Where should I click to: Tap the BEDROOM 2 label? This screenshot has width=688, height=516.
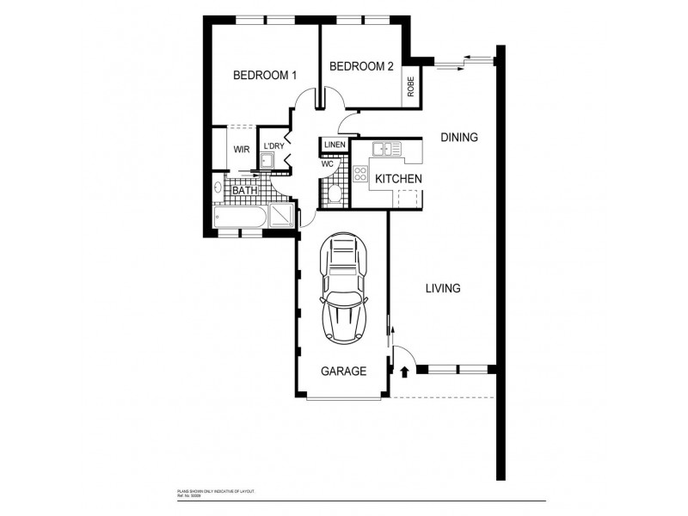(x=361, y=66)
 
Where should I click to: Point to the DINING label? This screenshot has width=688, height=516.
(x=458, y=137)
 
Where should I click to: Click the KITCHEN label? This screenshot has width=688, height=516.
(x=396, y=179)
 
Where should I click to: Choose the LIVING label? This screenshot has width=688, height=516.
(x=442, y=288)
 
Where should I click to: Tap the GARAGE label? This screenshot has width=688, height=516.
(x=343, y=372)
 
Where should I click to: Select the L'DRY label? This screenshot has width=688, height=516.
(x=273, y=146)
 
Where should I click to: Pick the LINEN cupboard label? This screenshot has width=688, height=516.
(x=335, y=144)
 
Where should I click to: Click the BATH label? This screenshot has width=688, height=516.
(x=244, y=191)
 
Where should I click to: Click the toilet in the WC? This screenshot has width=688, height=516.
(x=334, y=191)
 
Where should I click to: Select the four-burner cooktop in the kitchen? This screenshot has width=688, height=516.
(x=360, y=177)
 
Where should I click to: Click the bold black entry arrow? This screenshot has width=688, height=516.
(x=403, y=372)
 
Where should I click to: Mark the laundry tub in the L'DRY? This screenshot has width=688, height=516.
(x=269, y=161)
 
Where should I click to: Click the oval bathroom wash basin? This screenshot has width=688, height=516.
(x=218, y=187)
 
